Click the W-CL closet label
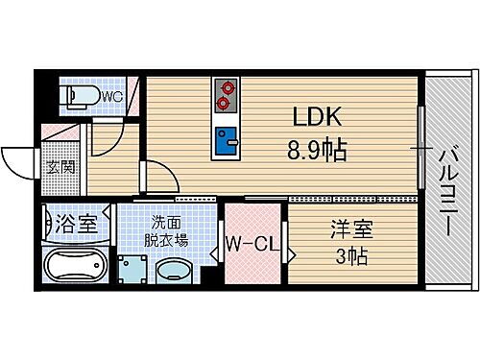point(253,244)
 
